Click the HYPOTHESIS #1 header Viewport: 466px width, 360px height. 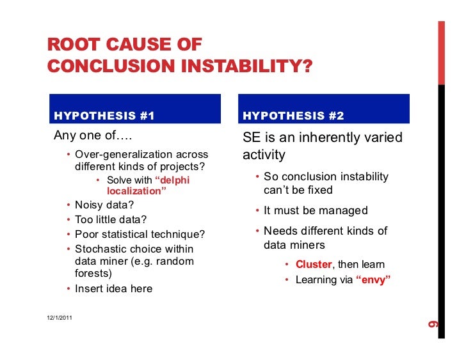105,116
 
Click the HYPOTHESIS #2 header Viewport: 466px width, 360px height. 294,116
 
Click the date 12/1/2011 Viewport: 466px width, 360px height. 60,318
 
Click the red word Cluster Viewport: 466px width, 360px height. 314,264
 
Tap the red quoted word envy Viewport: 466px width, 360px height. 373,279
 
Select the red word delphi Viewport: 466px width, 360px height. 173,180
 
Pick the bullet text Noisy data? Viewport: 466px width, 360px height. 100,205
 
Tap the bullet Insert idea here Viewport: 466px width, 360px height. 113,288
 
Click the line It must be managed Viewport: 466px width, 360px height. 316,210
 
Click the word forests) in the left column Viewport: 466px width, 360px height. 93,273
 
